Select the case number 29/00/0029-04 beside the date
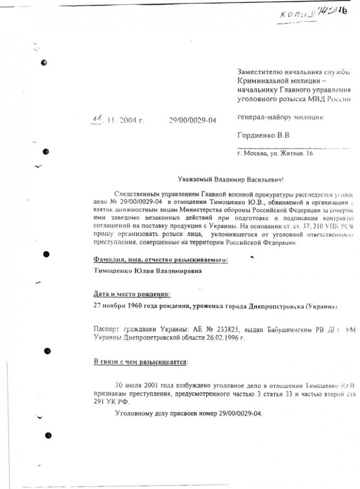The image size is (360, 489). (x=192, y=120)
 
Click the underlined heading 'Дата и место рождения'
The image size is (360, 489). (x=132, y=293)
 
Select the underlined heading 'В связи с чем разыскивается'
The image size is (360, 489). (x=141, y=362)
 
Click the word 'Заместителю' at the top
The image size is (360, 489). (x=262, y=72)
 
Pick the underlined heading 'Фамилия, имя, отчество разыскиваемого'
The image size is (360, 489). (x=160, y=259)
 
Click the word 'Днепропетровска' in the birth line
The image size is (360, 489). (x=271, y=306)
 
